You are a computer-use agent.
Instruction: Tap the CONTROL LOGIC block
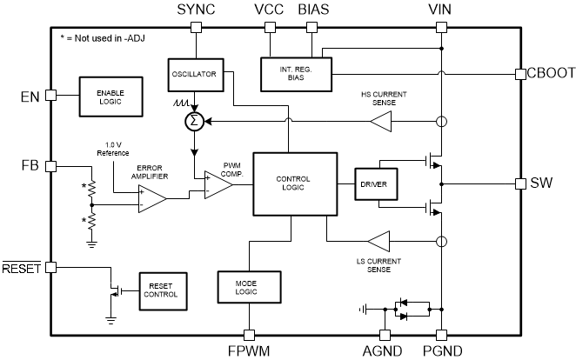pyautogui.click(x=293, y=183)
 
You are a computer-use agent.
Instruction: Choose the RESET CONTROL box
pyautogui.click(x=163, y=290)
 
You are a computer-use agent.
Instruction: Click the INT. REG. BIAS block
pyautogui.click(x=296, y=73)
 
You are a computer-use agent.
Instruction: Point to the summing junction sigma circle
pyautogui.click(x=196, y=121)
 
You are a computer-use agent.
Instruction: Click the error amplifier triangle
pyautogui.click(x=151, y=199)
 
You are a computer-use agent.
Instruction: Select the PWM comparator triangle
pyautogui.click(x=218, y=184)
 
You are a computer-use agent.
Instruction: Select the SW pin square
pyautogui.click(x=520, y=184)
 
